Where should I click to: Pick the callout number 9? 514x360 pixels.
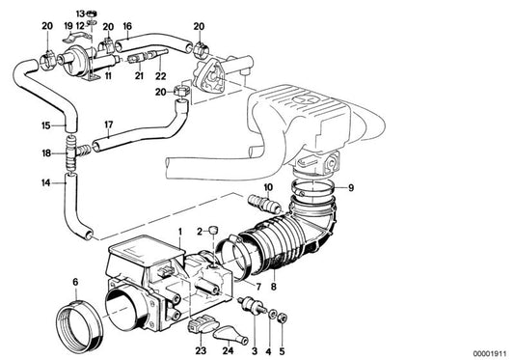pos(351,186)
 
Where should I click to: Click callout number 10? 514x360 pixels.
pos(268,186)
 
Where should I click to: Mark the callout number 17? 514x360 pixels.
pos(109,125)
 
